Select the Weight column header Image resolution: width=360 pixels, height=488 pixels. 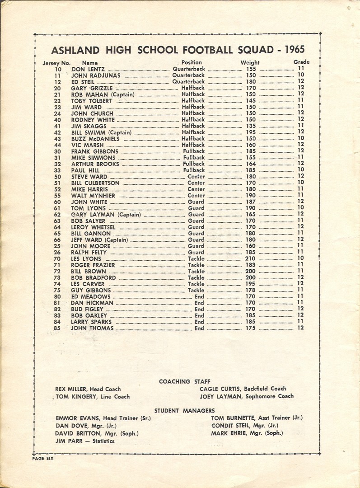(x=250, y=62)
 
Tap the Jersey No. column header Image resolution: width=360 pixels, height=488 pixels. (x=56, y=62)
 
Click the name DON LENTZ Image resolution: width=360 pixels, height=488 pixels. (x=88, y=69)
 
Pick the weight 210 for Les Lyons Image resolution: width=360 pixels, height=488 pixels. (x=251, y=259)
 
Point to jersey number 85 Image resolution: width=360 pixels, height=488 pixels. (x=57, y=328)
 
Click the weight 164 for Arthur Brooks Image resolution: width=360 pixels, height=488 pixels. (x=251, y=164)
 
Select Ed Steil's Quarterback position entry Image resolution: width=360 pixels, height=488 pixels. (x=189, y=82)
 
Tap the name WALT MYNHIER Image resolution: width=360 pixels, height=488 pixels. (x=93, y=196)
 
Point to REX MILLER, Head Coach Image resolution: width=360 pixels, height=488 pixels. (x=88, y=389)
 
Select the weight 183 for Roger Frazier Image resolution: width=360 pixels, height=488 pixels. (x=251, y=265)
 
